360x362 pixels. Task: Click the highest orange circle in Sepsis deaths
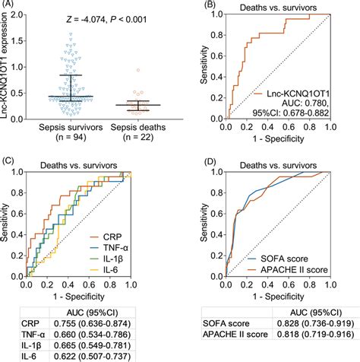137,70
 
